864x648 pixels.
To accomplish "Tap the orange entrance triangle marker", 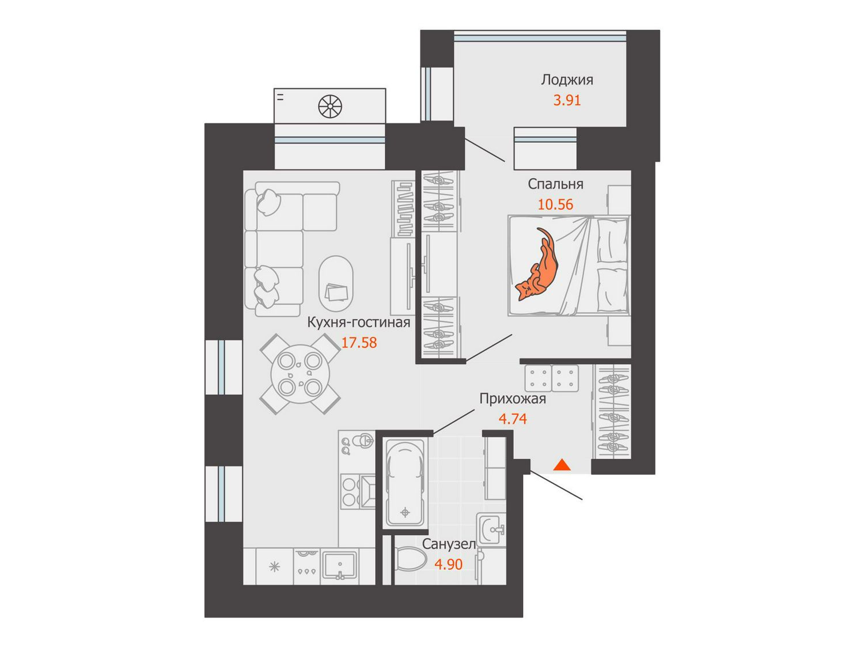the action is pos(562,465).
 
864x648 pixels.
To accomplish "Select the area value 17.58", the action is pos(359,343).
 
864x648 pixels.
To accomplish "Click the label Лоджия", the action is pos(567,80).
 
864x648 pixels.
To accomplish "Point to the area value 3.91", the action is pos(567,100).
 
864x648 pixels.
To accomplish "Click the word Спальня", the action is pos(555,184).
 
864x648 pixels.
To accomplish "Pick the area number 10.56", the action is pos(555,204).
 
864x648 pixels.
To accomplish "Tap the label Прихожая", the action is pos(513,399).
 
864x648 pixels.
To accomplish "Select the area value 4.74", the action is pos(513,419).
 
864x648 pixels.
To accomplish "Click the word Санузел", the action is pos(449,544).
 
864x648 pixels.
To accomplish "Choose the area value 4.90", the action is pos(448,564).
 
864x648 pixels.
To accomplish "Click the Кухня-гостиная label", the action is pos(359,323).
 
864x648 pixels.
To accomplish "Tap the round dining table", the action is pos(300,374).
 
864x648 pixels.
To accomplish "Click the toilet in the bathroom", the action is pos(410,563).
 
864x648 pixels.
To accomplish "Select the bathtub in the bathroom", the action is pos(405,483).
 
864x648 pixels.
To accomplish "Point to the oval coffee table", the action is pos(335,284).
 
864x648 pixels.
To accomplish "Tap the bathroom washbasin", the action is pos(491,529).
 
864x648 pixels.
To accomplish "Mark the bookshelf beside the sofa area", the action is pos(403,209).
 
